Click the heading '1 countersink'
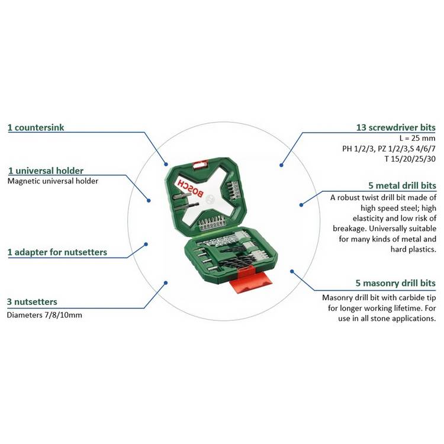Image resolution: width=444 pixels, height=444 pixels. pyautogui.click(x=36, y=127)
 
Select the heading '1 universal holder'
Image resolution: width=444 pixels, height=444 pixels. pyautogui.click(x=46, y=170)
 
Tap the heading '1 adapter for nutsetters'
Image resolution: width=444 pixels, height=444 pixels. pyautogui.click(x=57, y=252)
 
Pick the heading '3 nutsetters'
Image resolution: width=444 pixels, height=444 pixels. pyautogui.click(x=32, y=301)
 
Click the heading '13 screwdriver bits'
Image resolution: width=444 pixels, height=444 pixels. pyautogui.click(x=395, y=127)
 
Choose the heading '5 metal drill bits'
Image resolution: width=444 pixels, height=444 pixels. pyautogui.click(x=402, y=185)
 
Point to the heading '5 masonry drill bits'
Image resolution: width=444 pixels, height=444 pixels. pyautogui.click(x=395, y=283)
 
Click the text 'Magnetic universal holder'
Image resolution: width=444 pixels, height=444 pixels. pyautogui.click(x=53, y=181)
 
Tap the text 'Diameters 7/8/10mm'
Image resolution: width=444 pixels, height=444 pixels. pyautogui.click(x=44, y=315)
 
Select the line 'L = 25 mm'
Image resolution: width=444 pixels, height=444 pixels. pyautogui.click(x=417, y=138)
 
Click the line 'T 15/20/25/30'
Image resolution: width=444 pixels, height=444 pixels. pyautogui.click(x=410, y=159)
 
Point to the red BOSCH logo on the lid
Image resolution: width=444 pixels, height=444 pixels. pyautogui.click(x=190, y=188)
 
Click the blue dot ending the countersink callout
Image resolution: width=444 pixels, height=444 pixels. pyautogui.click(x=166, y=164)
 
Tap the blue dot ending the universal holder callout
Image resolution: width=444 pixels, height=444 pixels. pyautogui.click(x=149, y=201)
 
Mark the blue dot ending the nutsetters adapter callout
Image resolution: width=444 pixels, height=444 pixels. pyautogui.click(x=146, y=244)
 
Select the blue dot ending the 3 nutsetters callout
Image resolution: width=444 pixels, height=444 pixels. pyautogui.click(x=166, y=282)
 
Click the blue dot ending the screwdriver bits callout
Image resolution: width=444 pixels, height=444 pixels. pyautogui.click(x=281, y=165)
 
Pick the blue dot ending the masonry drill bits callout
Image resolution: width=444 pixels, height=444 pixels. pyautogui.click(x=292, y=272)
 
